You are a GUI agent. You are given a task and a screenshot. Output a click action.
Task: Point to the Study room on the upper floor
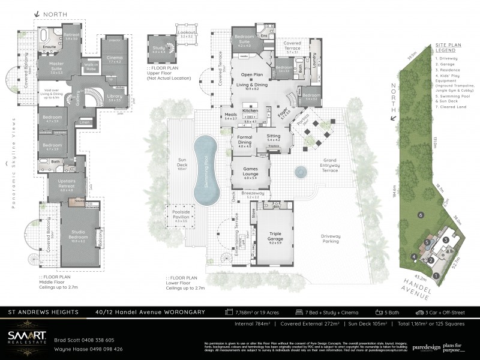(158, 50)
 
